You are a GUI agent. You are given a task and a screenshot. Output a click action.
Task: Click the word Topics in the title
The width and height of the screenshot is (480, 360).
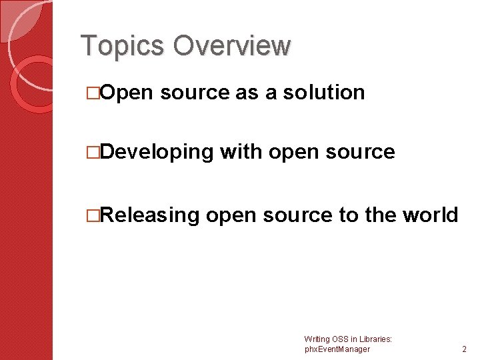click(122, 45)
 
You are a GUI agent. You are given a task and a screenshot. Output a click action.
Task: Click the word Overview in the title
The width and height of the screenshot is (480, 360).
click(231, 45)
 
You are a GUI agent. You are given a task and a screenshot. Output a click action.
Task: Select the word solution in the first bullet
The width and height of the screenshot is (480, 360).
click(324, 92)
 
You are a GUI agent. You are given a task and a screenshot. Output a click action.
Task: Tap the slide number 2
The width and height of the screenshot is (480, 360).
click(464, 349)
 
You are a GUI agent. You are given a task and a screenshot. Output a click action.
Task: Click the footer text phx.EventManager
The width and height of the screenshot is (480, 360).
click(337, 349)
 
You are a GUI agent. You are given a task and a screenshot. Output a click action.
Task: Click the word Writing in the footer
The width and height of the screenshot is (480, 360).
click(317, 339)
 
